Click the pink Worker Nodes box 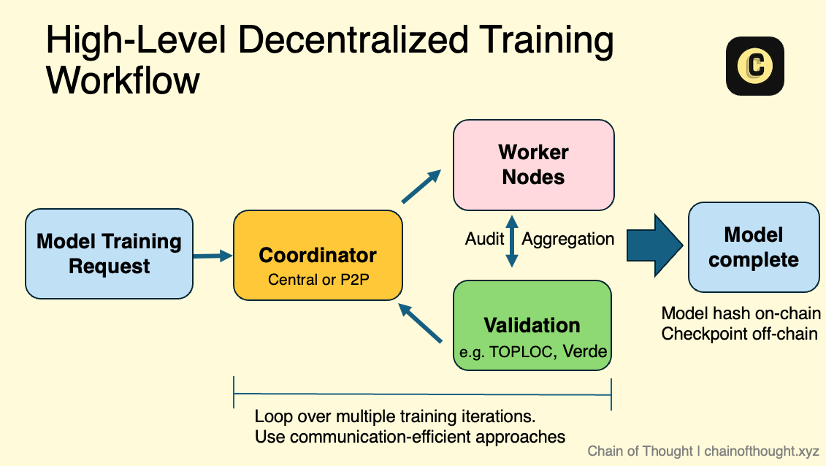(x=533, y=165)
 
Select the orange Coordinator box (x=318, y=255)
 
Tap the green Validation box (x=532, y=326)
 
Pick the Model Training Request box (x=110, y=253)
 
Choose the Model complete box (x=754, y=247)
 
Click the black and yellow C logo (x=754, y=66)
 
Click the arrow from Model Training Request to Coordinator (x=213, y=256)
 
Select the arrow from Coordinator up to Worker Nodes (x=422, y=186)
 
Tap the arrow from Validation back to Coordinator (x=421, y=323)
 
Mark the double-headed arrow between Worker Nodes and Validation (x=512, y=240)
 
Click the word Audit (x=484, y=239)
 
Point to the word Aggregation (x=568, y=239)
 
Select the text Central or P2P (x=318, y=278)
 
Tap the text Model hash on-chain (x=741, y=313)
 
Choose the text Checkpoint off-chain (x=739, y=334)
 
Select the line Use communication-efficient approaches (x=410, y=437)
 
